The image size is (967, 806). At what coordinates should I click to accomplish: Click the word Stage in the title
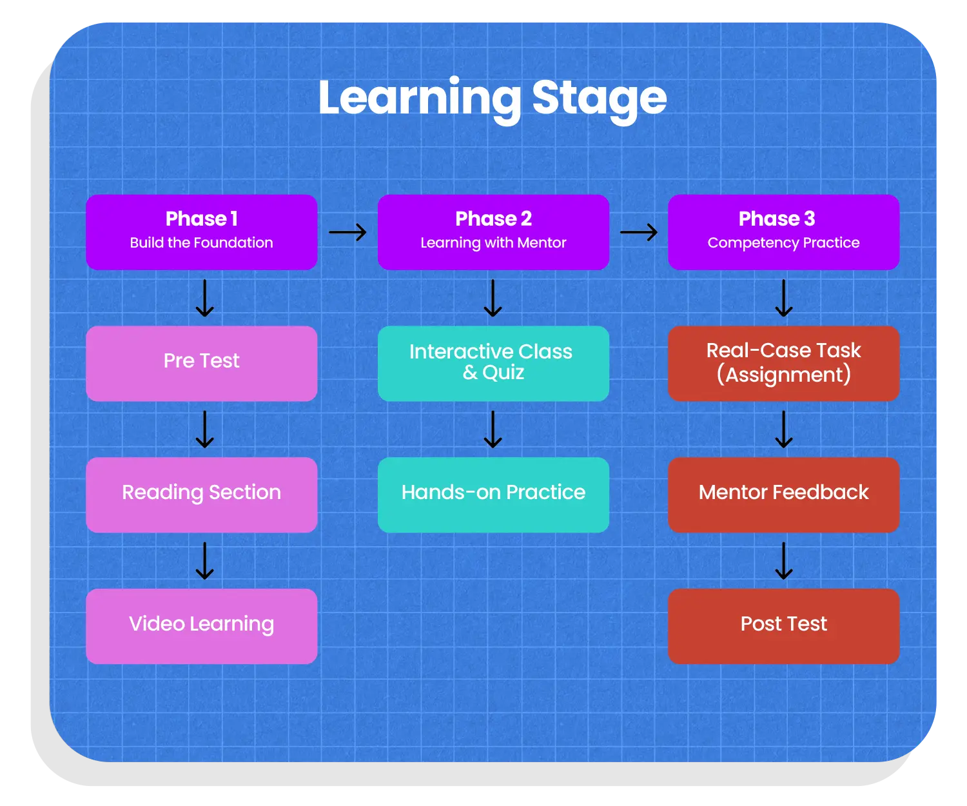coord(599,98)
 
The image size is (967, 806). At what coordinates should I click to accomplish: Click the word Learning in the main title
coord(419,98)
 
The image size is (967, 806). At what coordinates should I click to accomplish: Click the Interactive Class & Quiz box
coord(493,363)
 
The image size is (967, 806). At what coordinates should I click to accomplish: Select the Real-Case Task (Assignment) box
coord(783,363)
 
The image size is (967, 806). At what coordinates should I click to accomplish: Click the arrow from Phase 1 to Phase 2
coord(347,232)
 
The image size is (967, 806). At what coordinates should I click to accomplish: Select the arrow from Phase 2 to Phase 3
coord(638,232)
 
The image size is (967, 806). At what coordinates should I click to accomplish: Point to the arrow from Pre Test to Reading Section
coord(204,429)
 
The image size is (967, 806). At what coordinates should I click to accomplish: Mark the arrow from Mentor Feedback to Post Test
coord(783,561)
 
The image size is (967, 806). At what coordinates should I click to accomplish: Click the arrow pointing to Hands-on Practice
coord(493,429)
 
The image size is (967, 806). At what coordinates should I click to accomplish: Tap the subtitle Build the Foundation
coord(201,243)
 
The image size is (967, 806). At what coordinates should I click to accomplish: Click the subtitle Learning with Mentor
coord(493,243)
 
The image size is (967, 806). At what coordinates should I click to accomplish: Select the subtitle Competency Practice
coord(783,243)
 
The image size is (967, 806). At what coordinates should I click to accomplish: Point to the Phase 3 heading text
coord(777,219)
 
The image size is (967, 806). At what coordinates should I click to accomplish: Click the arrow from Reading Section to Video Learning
coord(204,561)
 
